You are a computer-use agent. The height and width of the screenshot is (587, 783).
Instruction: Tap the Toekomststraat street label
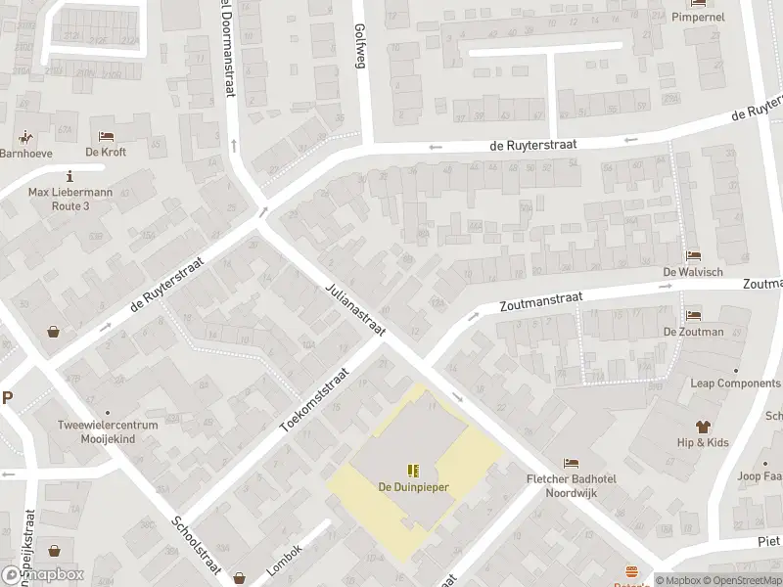click(314, 400)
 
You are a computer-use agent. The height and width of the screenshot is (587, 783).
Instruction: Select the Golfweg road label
click(359, 44)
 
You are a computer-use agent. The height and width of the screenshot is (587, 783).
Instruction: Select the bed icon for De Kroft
click(106, 136)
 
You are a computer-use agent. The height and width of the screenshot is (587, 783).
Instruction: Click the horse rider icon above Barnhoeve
click(24, 137)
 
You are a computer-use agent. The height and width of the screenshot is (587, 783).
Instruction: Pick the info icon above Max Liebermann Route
click(70, 176)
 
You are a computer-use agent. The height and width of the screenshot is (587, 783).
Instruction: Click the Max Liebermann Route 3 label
click(70, 200)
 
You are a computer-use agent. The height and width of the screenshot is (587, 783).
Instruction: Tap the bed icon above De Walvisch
click(693, 255)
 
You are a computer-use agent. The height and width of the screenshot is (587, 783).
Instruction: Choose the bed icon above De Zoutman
click(693, 315)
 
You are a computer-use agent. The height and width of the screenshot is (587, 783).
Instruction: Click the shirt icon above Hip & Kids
click(702, 426)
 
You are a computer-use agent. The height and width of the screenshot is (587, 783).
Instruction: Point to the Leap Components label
click(735, 384)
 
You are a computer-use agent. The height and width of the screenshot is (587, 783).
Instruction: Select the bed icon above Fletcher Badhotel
click(572, 463)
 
